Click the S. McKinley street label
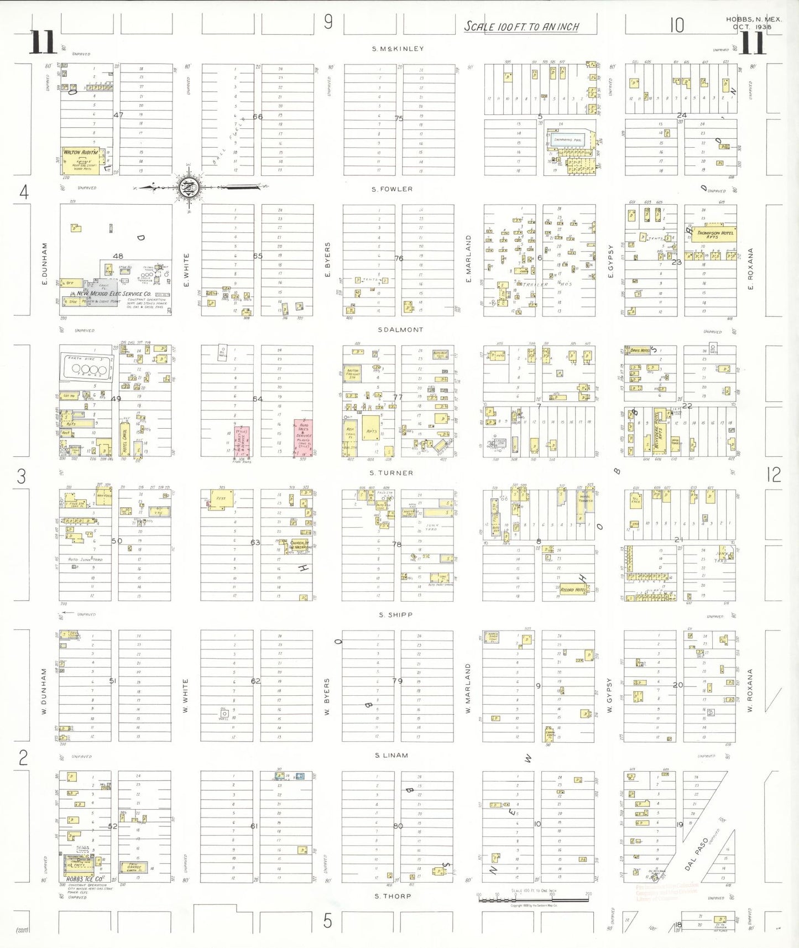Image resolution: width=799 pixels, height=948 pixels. click(398, 49)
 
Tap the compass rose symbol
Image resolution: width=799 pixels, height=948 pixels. click(189, 187)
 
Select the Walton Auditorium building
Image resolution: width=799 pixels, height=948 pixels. click(81, 159)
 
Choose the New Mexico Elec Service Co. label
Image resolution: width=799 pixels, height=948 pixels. click(114, 294)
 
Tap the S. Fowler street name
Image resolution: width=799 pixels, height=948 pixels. click(392, 189)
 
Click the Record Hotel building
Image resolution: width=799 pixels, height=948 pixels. click(573, 590)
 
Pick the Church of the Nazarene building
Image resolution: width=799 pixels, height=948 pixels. click(300, 545)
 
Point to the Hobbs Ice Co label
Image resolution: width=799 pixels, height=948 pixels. click(84, 879)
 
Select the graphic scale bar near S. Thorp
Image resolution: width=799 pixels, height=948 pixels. click(534, 900)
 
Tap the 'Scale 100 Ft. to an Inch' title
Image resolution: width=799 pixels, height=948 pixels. click(521, 27)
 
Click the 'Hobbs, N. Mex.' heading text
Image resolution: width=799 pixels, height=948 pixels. click(754, 19)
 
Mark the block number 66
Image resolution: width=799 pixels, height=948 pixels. click(258, 117)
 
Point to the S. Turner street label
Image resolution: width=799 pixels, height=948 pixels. click(391, 473)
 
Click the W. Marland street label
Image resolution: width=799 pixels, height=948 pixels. click(468, 688)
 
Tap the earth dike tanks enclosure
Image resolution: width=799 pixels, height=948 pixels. click(86, 366)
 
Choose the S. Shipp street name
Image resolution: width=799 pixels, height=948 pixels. click(396, 615)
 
